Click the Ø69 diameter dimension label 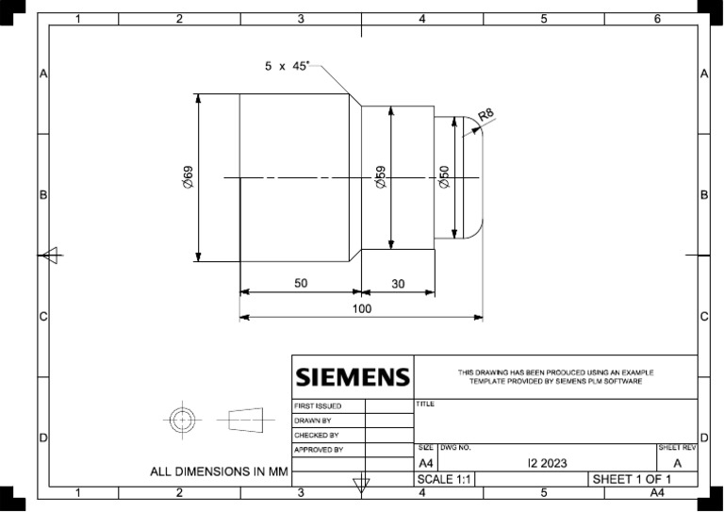(x=188, y=177)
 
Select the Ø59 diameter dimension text (x=381, y=177)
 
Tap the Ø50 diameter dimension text (x=444, y=177)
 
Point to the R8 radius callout (x=485, y=114)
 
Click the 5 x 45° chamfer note (x=287, y=66)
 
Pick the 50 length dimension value (x=301, y=283)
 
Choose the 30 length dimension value (x=398, y=284)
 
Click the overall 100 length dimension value (x=362, y=309)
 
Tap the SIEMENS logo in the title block (x=353, y=377)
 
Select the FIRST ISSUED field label (x=318, y=406)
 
